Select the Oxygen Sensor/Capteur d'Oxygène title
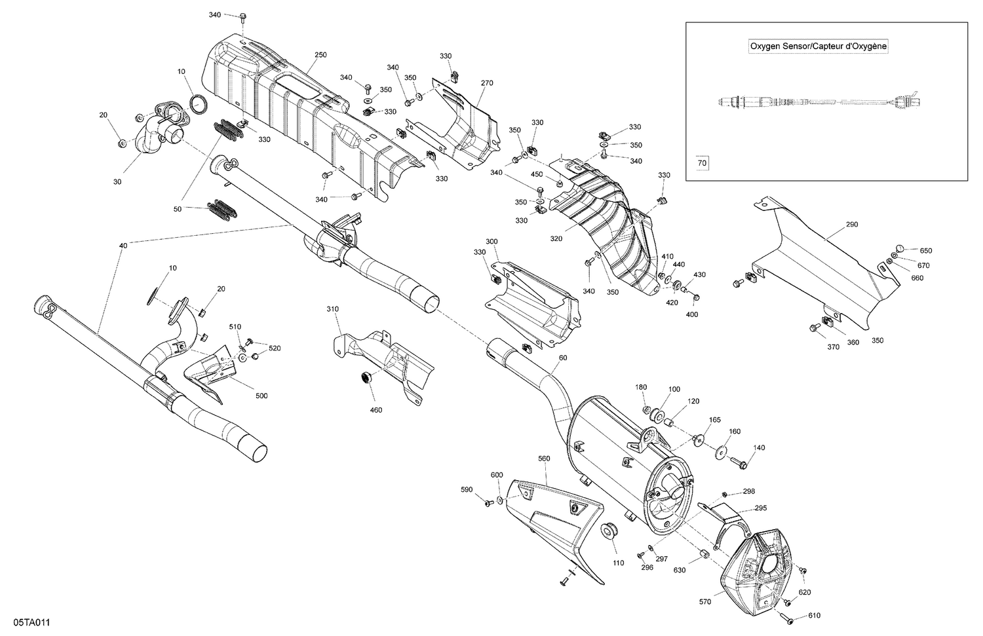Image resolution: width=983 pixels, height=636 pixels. (819, 47)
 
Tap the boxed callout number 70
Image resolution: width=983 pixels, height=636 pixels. (702, 163)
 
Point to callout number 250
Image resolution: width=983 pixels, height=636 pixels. (320, 55)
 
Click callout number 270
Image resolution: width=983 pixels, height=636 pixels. (487, 83)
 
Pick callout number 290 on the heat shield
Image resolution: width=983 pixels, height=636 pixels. (851, 225)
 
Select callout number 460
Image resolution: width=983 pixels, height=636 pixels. (376, 410)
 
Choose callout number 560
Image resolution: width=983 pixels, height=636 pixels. (544, 458)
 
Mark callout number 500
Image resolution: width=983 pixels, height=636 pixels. (261, 396)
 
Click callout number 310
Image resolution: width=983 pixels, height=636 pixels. (334, 308)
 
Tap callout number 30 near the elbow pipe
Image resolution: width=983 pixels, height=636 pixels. (118, 182)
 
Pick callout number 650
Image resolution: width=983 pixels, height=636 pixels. (925, 251)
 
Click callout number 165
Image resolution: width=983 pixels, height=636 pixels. (715, 419)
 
